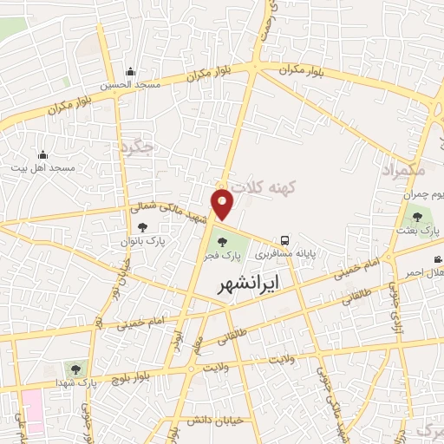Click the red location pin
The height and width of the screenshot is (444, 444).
coord(223,203)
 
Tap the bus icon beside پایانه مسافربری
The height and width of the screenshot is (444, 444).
coord(284,241)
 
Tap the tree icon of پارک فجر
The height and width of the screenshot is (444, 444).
coord(224,242)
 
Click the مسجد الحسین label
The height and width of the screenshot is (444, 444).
coord(129,85)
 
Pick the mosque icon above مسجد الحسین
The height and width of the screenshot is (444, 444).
coord(130,72)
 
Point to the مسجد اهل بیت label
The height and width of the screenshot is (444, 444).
coord(44,166)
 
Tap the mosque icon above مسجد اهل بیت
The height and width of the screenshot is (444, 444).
coord(42,153)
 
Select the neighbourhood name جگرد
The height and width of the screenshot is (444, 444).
coord(138,147)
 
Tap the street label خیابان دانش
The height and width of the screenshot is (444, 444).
coord(192,421)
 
